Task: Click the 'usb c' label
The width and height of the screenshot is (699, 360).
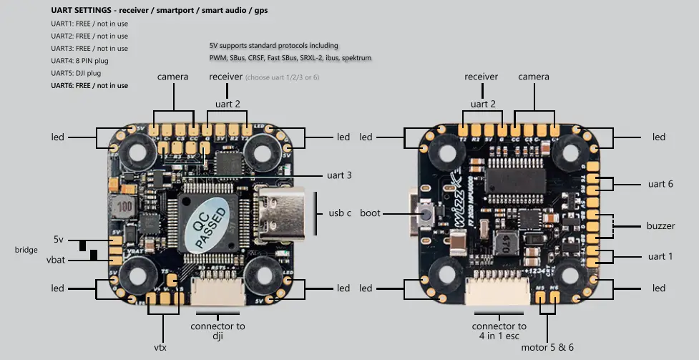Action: [x=340, y=213]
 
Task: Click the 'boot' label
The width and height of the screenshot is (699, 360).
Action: [x=370, y=213]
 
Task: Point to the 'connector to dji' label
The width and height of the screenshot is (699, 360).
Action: [x=217, y=331]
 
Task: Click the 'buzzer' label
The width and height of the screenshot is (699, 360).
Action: [x=660, y=225]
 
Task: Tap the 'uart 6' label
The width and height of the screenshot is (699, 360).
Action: [x=660, y=184]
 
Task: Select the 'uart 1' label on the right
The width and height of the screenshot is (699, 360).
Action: [x=660, y=256]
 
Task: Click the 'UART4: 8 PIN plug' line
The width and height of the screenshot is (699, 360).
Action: [x=79, y=61]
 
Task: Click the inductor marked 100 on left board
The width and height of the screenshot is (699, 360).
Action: [x=127, y=205]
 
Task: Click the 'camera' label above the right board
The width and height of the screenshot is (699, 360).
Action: [x=533, y=77]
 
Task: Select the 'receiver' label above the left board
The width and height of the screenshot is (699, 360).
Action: [x=225, y=77]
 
